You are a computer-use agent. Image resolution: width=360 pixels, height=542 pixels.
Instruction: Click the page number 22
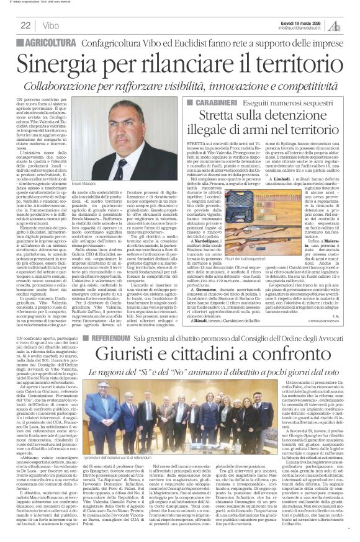[25, 25]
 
